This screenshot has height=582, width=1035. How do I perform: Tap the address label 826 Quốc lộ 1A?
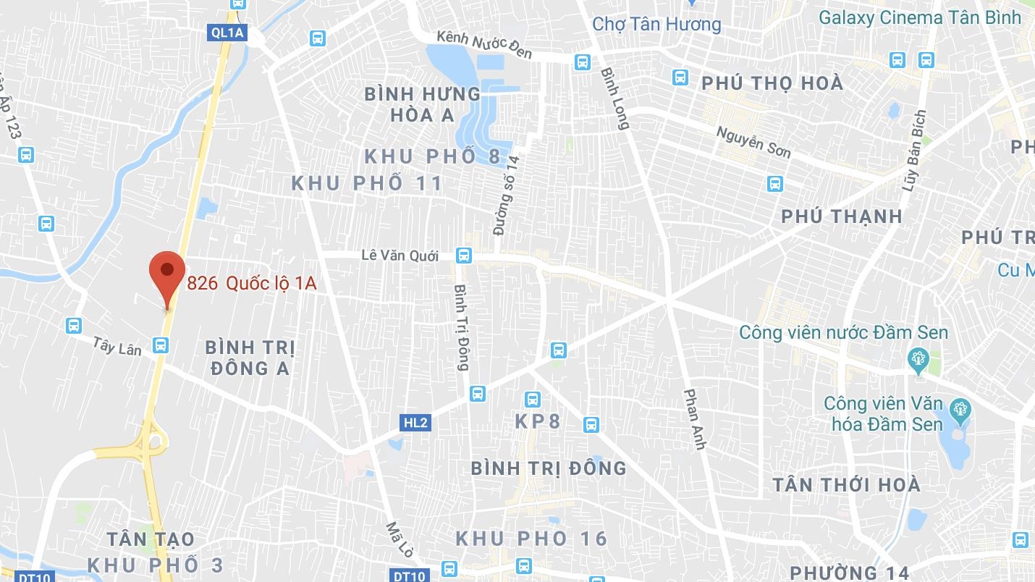252,283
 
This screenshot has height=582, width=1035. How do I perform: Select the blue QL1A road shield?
227,32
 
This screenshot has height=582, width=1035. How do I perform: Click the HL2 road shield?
416,423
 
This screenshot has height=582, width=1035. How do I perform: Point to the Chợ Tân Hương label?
656,24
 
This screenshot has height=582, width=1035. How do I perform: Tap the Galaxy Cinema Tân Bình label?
920,17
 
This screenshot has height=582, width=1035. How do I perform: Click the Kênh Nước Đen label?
484,44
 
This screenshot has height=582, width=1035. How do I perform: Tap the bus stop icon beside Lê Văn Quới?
464,256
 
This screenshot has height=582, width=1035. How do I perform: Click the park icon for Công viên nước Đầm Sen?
918,358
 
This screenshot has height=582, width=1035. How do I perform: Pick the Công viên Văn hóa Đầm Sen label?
884,413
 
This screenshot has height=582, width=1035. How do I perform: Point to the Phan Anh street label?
694,419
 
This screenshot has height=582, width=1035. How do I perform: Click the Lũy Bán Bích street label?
914,151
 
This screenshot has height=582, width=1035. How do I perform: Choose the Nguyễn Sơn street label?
753,142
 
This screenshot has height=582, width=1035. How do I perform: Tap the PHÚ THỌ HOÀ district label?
772,83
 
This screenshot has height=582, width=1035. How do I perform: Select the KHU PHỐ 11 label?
367,183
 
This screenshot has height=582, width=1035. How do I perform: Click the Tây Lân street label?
117,345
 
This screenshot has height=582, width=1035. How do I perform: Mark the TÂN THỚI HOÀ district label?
846,484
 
